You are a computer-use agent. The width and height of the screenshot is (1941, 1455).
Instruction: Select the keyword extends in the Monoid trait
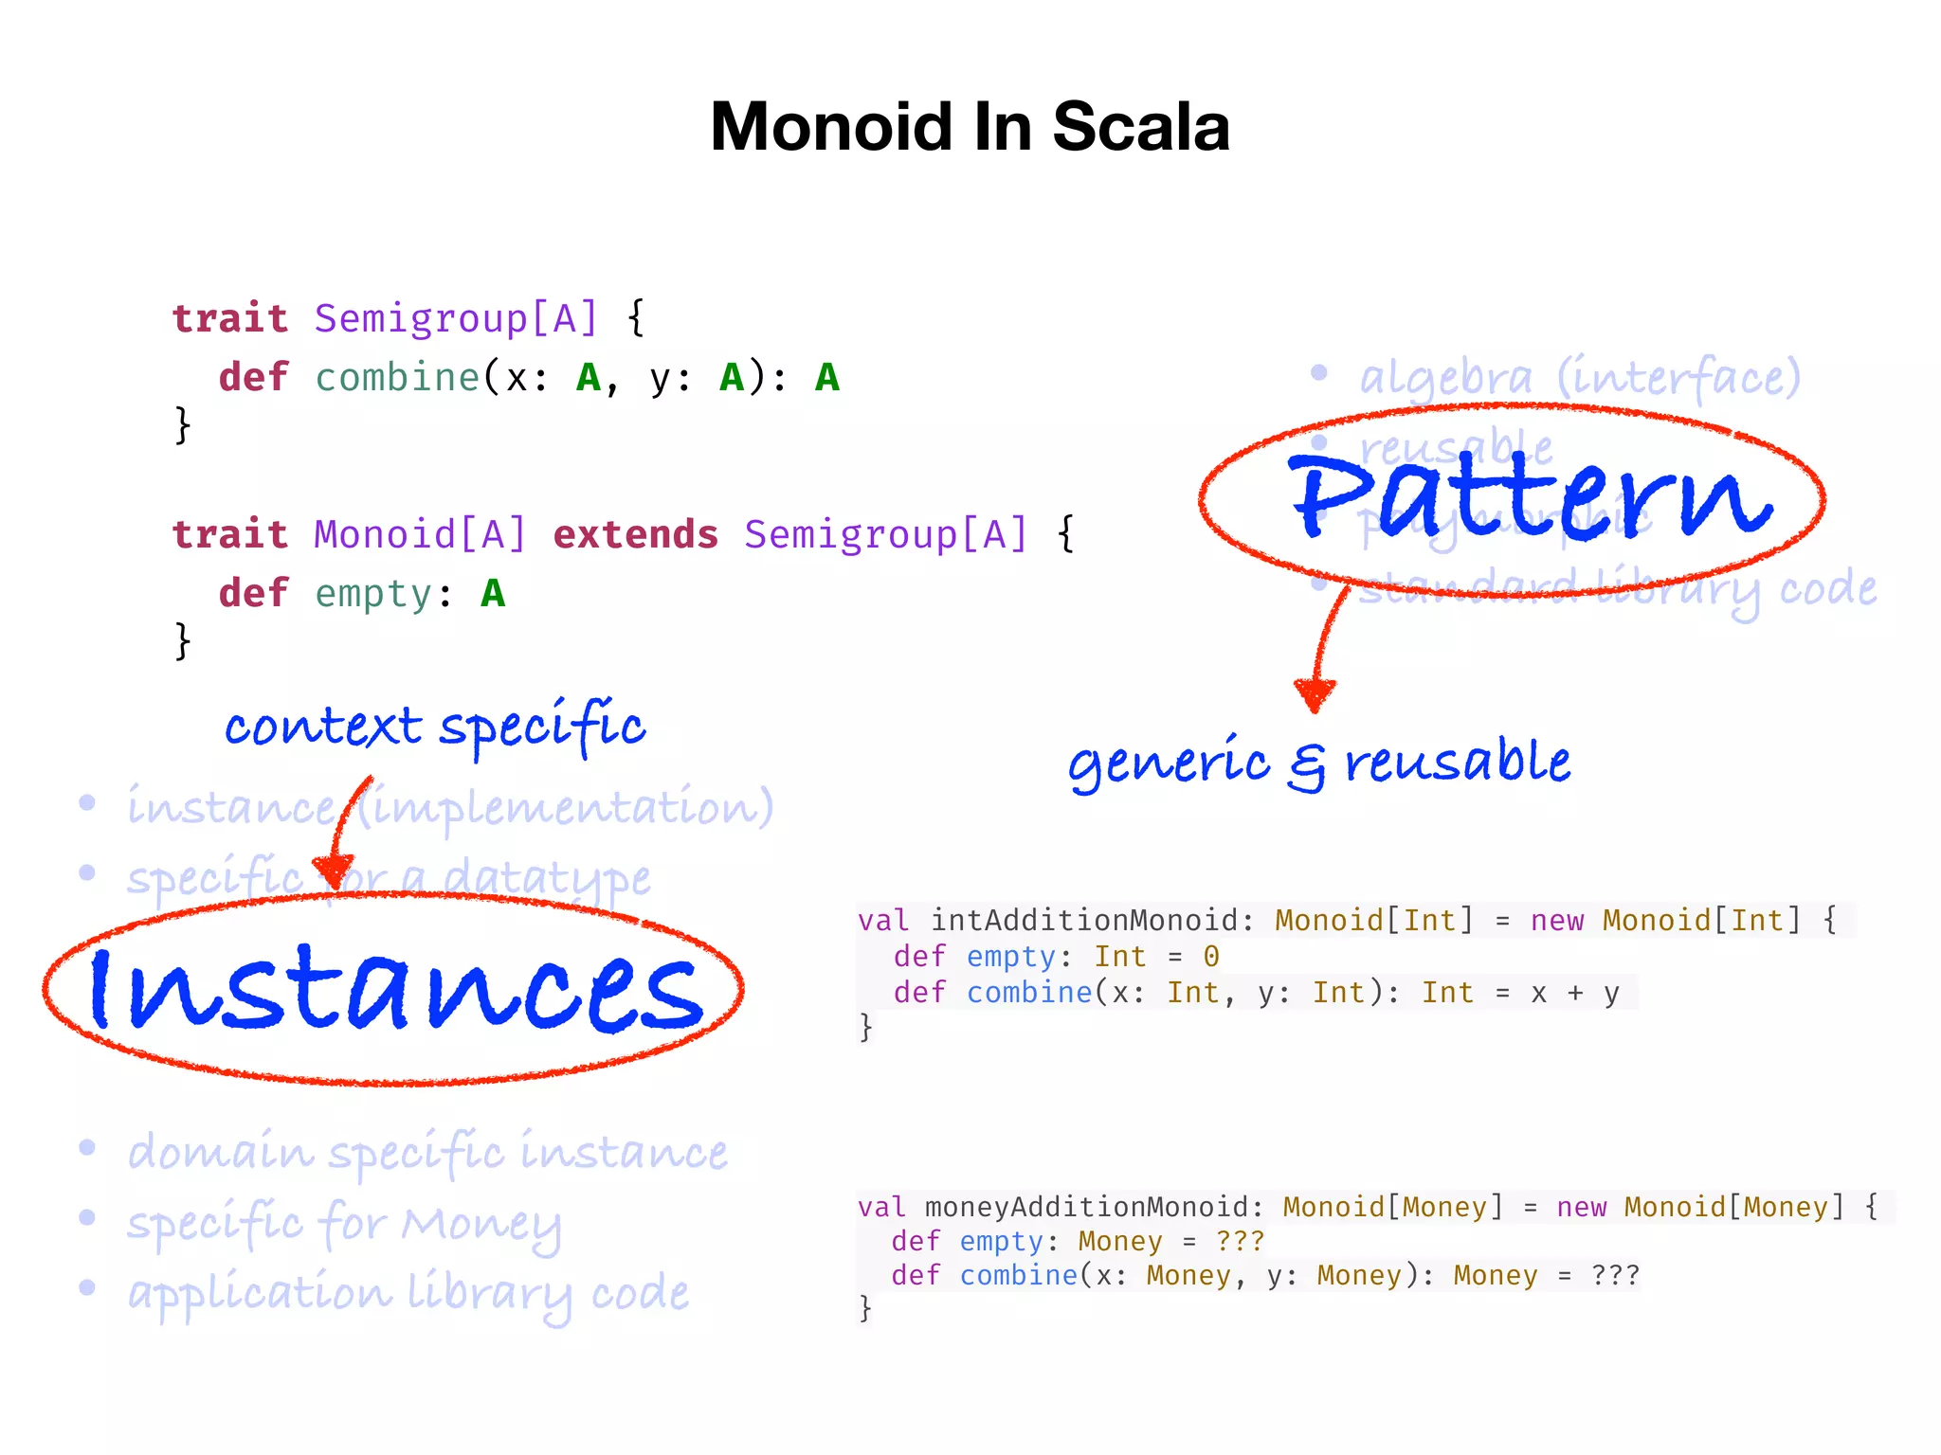635,535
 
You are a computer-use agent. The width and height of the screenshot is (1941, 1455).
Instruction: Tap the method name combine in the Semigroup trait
397,378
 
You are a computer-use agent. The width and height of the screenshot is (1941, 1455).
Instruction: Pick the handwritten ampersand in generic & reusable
1307,765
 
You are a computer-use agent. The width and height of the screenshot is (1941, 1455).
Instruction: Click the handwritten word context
322,727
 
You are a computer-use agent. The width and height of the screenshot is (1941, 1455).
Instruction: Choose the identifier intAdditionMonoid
1084,921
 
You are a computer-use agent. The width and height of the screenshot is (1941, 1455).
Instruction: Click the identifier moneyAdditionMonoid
1085,1208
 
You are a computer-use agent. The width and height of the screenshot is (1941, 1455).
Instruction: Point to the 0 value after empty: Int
1211,957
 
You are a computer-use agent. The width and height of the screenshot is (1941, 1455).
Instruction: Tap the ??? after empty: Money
1240,1242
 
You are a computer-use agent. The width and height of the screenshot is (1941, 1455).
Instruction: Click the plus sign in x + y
1575,993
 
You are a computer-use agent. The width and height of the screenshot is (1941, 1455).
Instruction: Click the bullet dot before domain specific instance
87,1148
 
